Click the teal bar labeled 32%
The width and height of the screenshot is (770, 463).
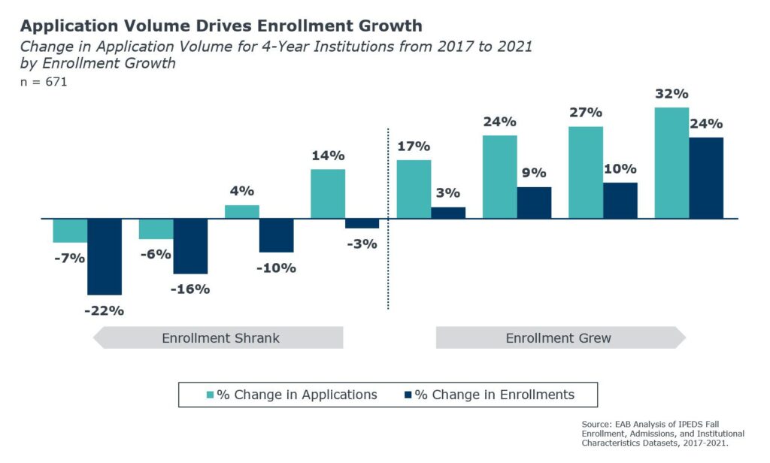coord(671,163)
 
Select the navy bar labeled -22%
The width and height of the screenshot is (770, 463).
coord(105,256)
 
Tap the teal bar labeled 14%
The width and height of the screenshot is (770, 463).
coord(328,194)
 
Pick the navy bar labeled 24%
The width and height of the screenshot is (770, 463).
coord(706,178)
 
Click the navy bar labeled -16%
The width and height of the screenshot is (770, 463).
coord(190,247)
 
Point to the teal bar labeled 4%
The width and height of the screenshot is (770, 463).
coord(242,212)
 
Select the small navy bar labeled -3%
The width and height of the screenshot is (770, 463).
coord(362,223)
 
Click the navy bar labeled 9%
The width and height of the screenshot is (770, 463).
coord(534,203)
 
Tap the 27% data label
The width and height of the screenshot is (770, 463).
coord(585,113)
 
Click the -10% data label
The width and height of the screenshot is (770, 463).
coord(277,268)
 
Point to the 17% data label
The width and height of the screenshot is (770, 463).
coord(414,146)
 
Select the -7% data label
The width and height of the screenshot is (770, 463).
coord(68,258)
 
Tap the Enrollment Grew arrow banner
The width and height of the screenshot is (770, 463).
coord(559,338)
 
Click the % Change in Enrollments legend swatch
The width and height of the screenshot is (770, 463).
coord(408,395)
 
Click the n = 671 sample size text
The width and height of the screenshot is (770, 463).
coord(44,82)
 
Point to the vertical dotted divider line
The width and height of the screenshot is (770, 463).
coord(388,263)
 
